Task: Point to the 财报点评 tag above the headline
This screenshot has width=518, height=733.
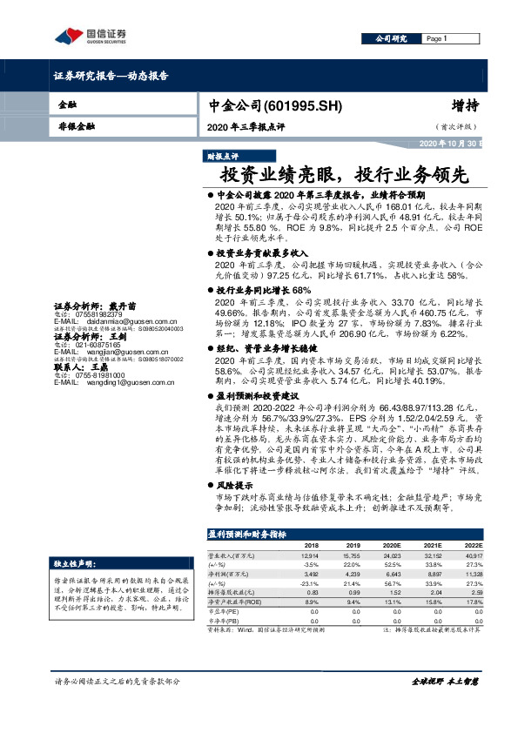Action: tap(222, 157)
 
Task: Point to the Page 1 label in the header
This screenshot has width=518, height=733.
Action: tap(438, 39)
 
